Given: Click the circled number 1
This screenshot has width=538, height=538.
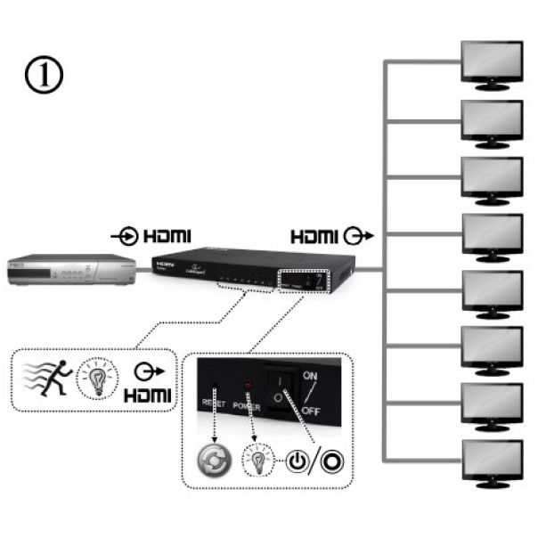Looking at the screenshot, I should (45, 76).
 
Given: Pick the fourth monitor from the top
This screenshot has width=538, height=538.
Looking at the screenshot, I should (493, 236).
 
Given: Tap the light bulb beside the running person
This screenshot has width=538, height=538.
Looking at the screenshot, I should (97, 377).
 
